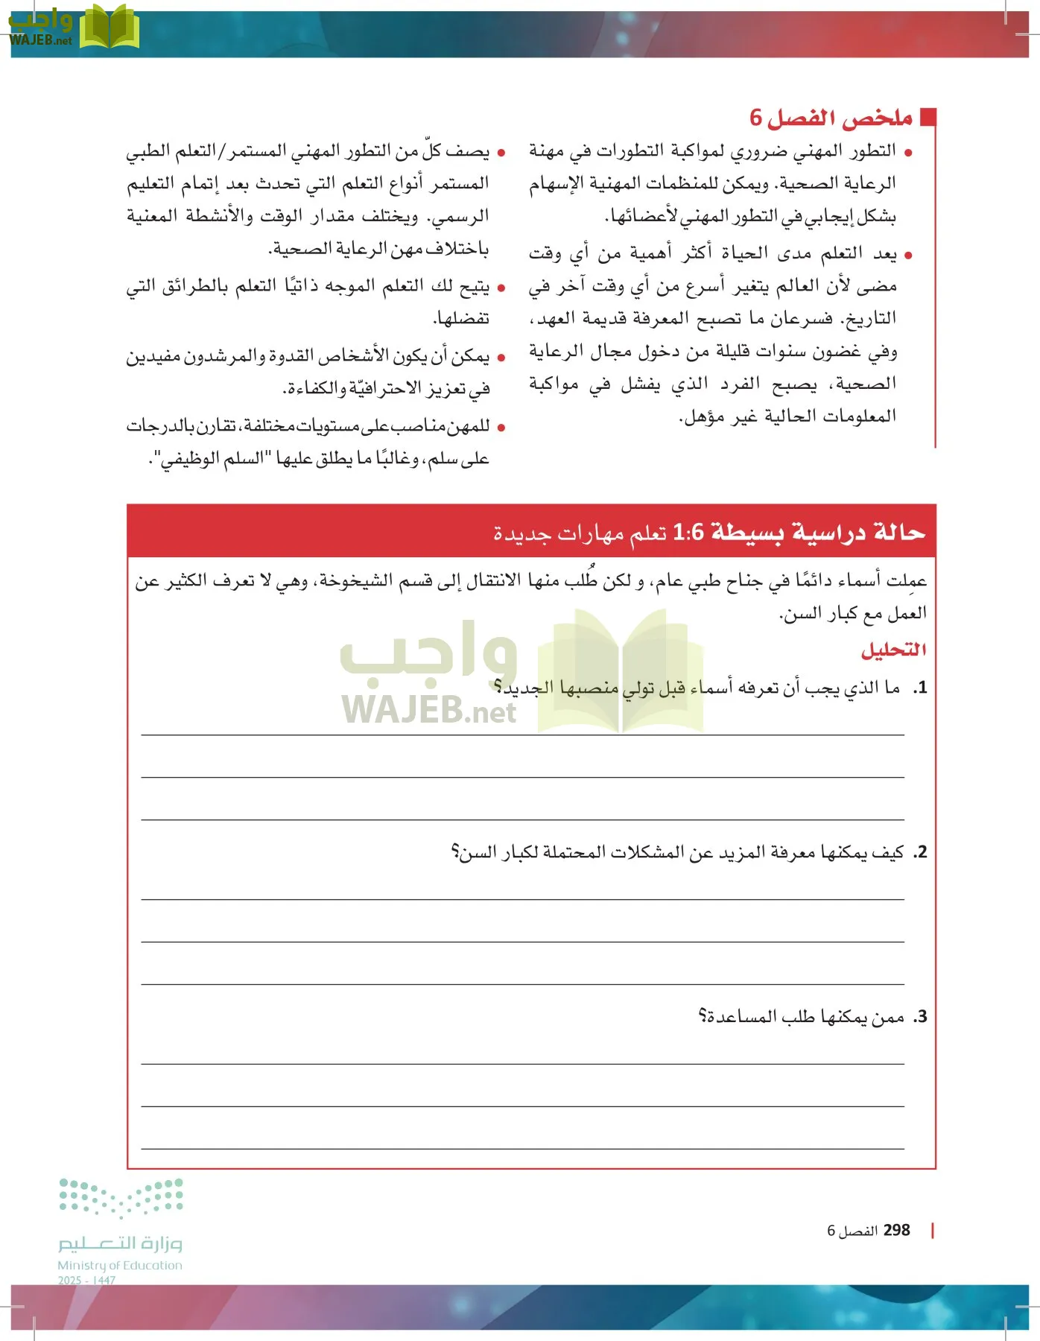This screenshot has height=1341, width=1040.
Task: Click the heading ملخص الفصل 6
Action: click(x=831, y=118)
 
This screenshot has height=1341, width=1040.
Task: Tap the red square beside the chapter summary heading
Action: click(x=928, y=117)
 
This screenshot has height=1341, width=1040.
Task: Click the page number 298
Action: click(x=896, y=1230)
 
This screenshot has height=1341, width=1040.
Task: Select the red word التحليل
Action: click(x=893, y=650)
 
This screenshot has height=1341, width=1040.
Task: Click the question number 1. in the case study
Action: click(x=920, y=688)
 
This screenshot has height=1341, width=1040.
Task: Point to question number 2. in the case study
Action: click(x=920, y=852)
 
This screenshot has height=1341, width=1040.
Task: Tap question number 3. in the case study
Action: click(x=920, y=1017)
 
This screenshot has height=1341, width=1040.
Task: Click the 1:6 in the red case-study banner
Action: click(x=688, y=533)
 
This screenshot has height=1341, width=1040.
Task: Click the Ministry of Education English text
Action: click(x=120, y=1265)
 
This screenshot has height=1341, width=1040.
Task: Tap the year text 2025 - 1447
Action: click(x=86, y=1280)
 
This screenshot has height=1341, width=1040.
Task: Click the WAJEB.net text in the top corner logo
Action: click(x=41, y=40)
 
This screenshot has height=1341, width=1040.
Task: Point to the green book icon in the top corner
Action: click(x=109, y=27)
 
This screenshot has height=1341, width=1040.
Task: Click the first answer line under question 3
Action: click(x=521, y=1063)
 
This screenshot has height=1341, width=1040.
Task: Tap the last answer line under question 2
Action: click(x=521, y=983)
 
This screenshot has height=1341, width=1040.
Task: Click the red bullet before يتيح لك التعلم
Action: click(x=501, y=288)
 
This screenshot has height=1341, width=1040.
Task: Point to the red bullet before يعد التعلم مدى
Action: click(x=907, y=256)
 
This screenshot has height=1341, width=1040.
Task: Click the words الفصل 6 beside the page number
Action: click(x=852, y=1231)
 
